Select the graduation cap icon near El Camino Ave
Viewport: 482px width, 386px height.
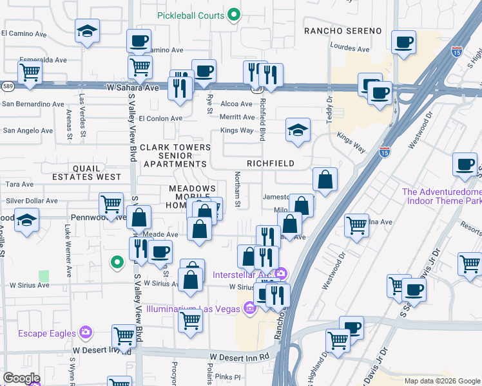tap(86, 32)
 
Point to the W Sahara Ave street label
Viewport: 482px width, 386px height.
tap(133, 87)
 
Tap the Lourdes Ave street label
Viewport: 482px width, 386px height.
tap(349, 48)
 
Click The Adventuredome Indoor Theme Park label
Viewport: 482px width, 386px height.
tap(441, 196)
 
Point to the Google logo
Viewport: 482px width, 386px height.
tap(21, 378)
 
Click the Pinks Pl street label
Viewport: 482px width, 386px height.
tap(227, 377)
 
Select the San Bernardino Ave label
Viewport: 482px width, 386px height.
tap(33, 104)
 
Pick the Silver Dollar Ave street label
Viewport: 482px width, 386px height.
tap(32, 201)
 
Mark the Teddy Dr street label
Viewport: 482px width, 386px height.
tap(329, 109)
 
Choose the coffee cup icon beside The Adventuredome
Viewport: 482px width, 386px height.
tap(464, 166)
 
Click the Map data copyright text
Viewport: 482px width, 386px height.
tap(441, 381)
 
